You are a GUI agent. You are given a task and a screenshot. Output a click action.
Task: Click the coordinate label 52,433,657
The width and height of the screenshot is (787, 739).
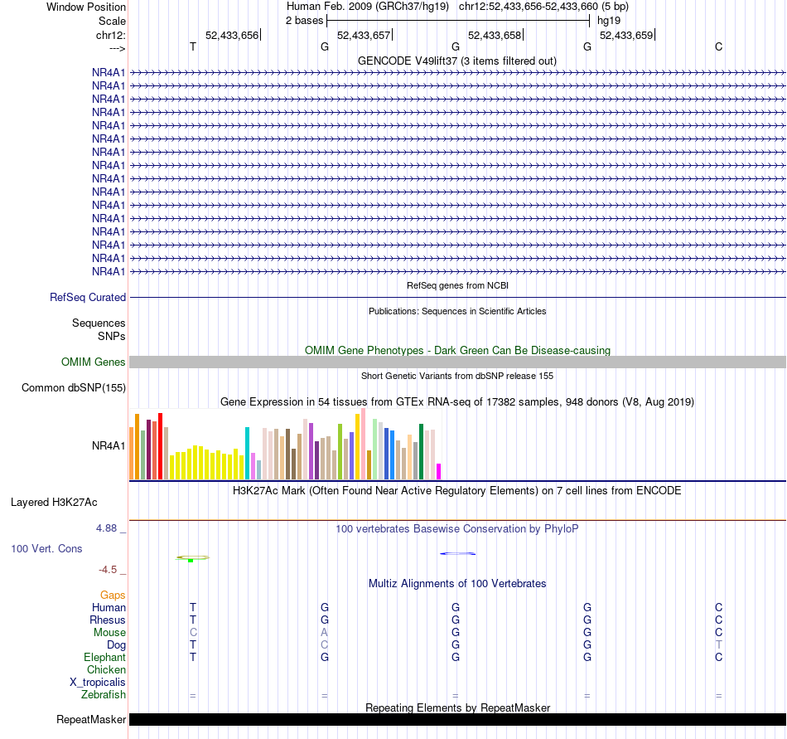[x=363, y=35]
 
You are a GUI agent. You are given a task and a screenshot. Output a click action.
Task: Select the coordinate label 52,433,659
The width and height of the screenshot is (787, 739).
[x=625, y=35]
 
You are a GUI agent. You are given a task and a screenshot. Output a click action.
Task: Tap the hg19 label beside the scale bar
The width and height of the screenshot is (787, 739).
[x=608, y=20]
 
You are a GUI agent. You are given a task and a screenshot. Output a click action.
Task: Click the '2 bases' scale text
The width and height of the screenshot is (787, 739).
[x=304, y=20]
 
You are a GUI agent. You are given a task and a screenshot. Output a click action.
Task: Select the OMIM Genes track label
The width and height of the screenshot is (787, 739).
[x=94, y=362]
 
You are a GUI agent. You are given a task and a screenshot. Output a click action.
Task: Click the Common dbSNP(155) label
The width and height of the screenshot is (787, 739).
[x=74, y=387]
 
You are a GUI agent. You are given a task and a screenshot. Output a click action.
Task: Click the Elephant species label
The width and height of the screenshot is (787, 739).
[x=105, y=658]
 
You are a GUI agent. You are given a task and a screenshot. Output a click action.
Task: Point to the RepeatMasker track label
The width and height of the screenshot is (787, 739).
[x=91, y=719]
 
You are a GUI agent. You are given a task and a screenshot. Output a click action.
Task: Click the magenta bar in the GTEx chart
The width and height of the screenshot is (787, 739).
[x=438, y=471]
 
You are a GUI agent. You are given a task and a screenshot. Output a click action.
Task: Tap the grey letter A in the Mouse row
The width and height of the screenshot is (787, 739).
[x=325, y=633]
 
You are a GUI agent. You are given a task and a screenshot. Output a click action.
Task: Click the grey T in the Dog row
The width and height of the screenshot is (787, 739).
[x=719, y=645]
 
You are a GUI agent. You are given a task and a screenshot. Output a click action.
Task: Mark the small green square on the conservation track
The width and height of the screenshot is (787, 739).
[x=191, y=561]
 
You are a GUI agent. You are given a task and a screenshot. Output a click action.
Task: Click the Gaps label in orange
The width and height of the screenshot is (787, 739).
[x=113, y=596]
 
